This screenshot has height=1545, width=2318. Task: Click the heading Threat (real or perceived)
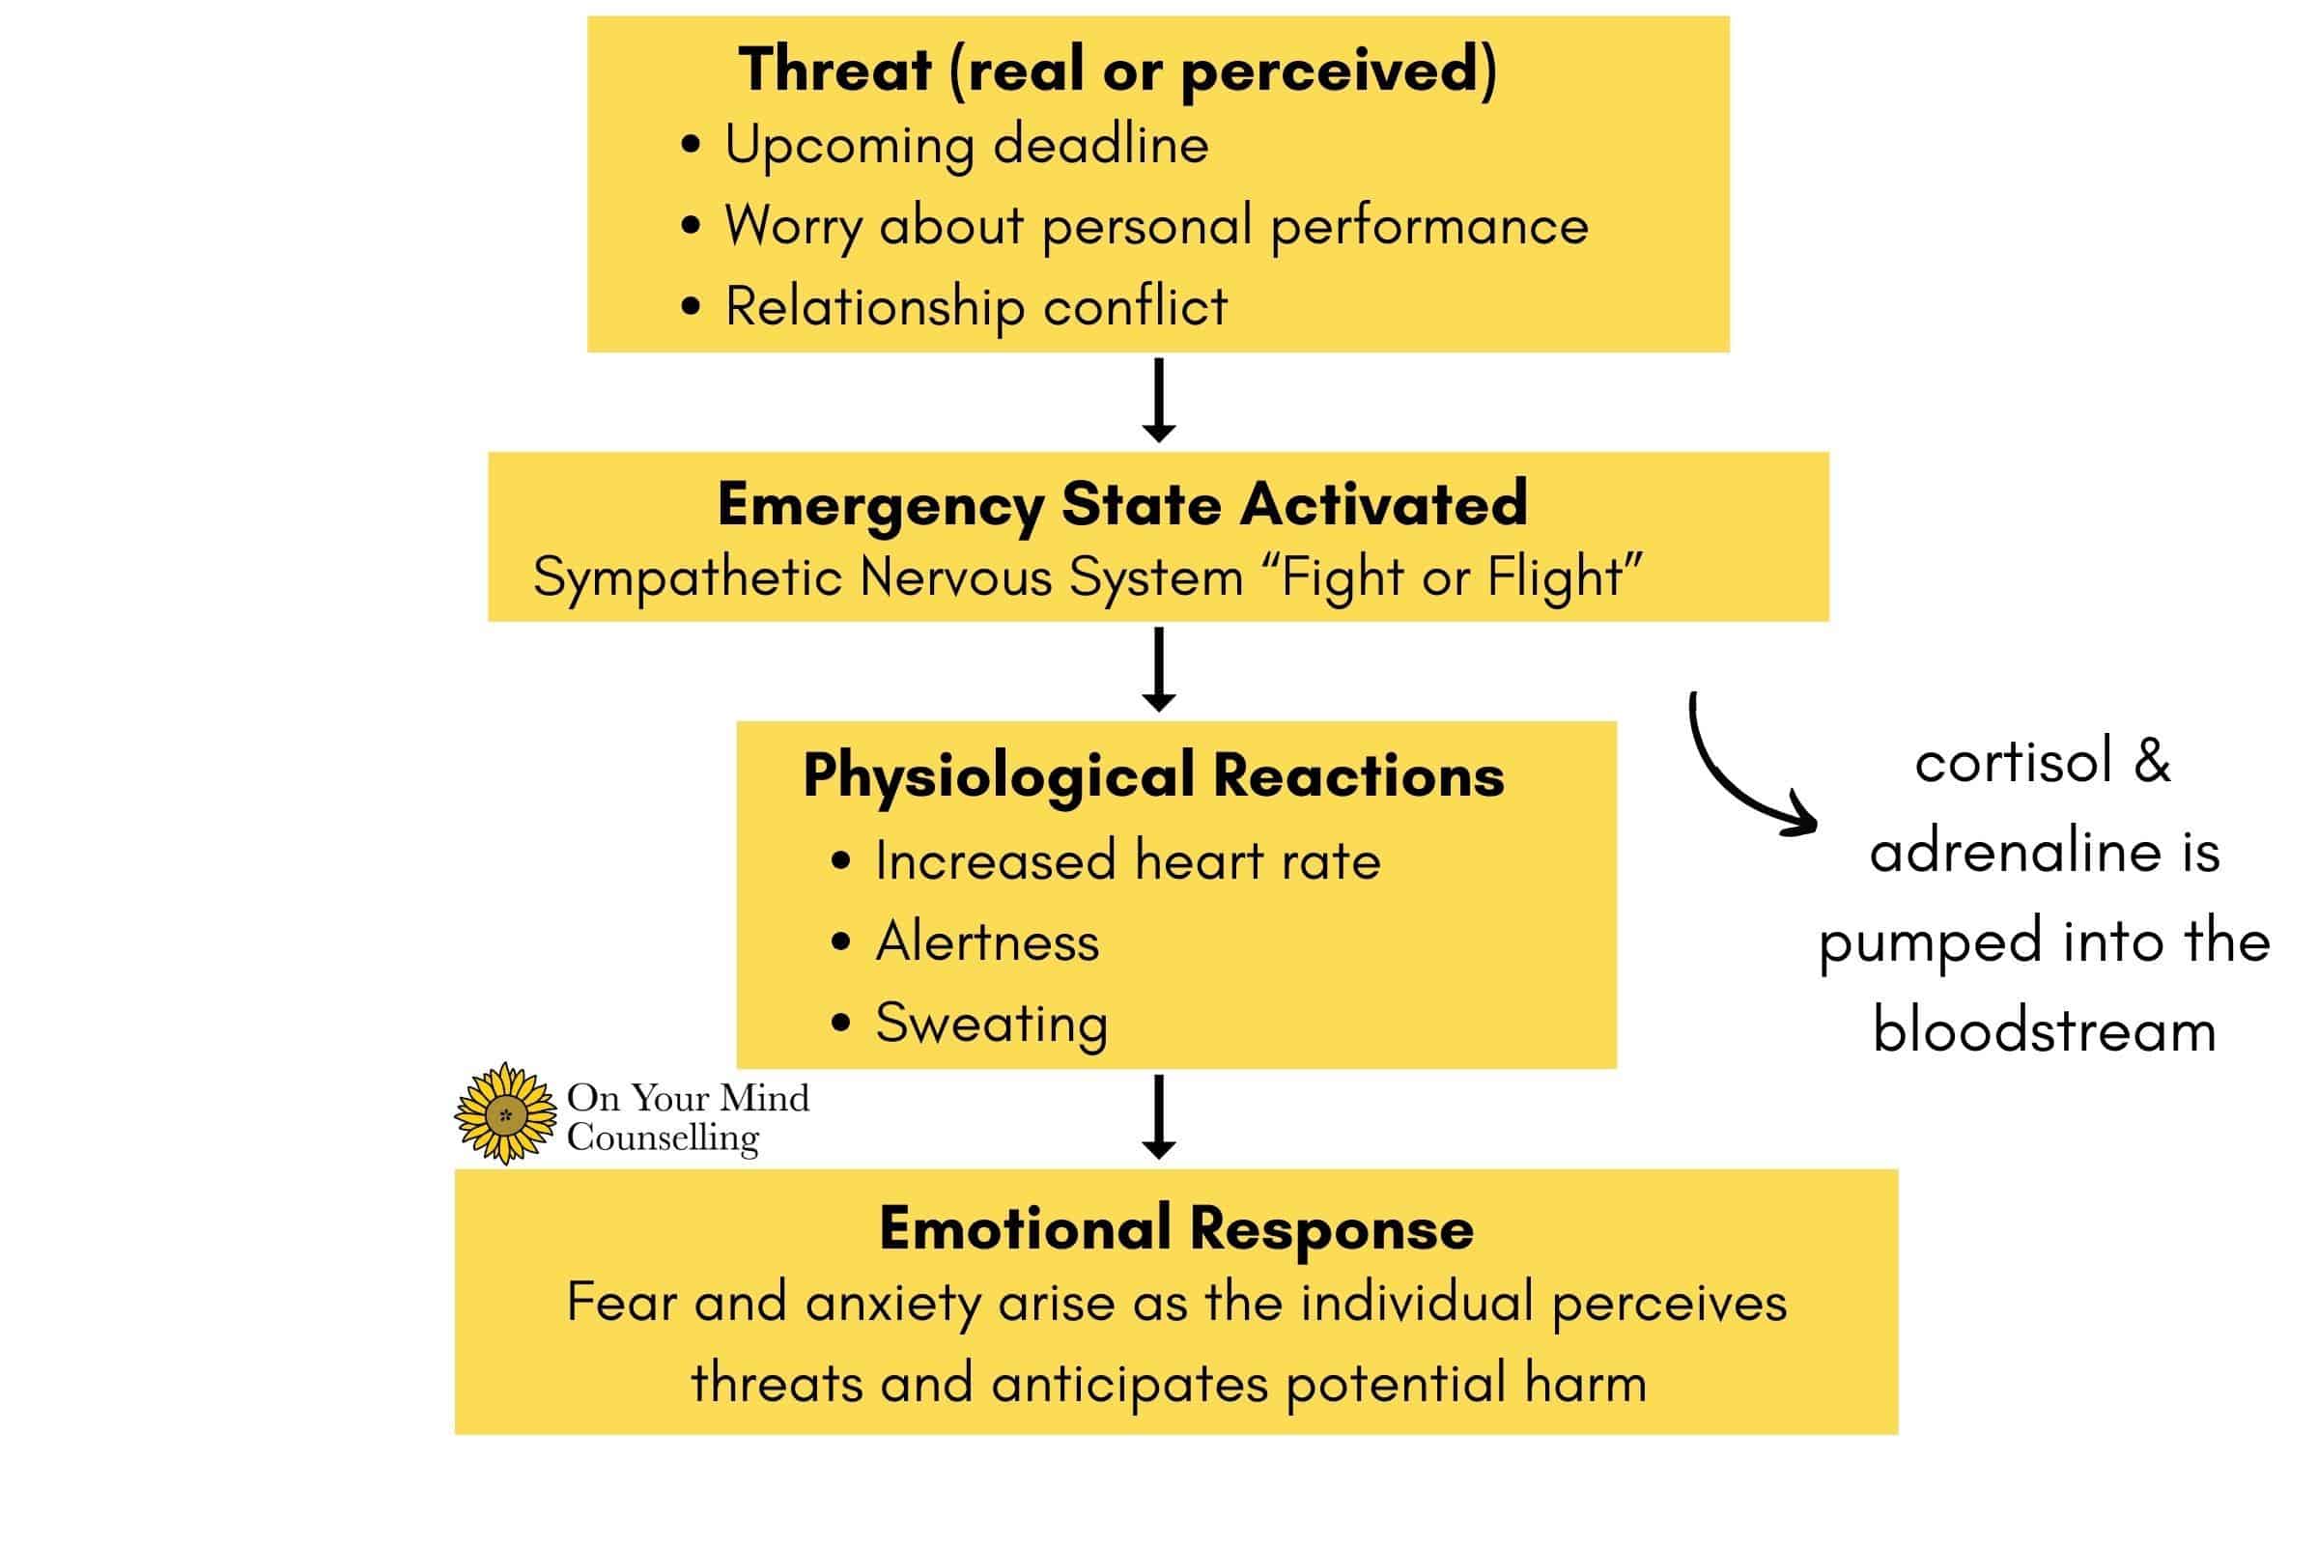click(x=1117, y=70)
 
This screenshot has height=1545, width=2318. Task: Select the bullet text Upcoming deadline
click(x=966, y=146)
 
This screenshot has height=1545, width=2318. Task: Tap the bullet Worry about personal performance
click(x=1156, y=227)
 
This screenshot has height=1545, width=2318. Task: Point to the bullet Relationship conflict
click(x=975, y=306)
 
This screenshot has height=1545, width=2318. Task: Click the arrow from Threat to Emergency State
click(x=1159, y=400)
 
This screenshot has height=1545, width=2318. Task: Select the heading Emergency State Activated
click(x=1121, y=504)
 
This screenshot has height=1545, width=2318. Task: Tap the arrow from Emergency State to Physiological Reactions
click(x=1159, y=669)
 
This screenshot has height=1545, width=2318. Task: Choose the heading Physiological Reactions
click(x=1153, y=775)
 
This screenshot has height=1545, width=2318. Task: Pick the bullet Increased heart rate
click(x=1127, y=861)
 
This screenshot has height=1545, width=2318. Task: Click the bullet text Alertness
click(x=986, y=942)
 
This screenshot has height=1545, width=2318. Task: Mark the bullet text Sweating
click(x=992, y=1023)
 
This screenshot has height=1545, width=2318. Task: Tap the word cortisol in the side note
click(x=2013, y=763)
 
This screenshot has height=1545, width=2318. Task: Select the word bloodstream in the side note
click(x=2044, y=1031)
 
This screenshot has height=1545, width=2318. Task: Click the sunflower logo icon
click(x=505, y=1114)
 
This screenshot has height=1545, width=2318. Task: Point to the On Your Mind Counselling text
click(x=687, y=1116)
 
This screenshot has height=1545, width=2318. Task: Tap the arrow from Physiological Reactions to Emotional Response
click(x=1159, y=1116)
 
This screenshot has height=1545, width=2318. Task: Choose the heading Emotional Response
click(x=1175, y=1228)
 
